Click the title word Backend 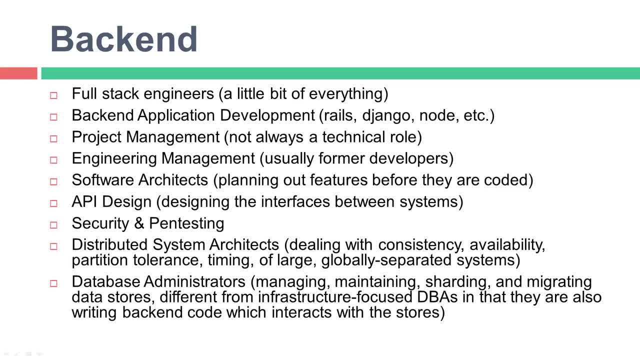(x=123, y=39)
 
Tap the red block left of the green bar (x=18, y=73)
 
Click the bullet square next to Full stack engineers (x=53, y=95)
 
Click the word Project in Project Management (x=96, y=137)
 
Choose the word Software (x=103, y=180)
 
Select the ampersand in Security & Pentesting (x=139, y=223)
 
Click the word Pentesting (x=186, y=223)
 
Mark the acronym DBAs (x=437, y=297)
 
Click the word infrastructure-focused (x=335, y=297)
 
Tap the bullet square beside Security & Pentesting (x=53, y=225)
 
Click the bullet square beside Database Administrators (x=53, y=283)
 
